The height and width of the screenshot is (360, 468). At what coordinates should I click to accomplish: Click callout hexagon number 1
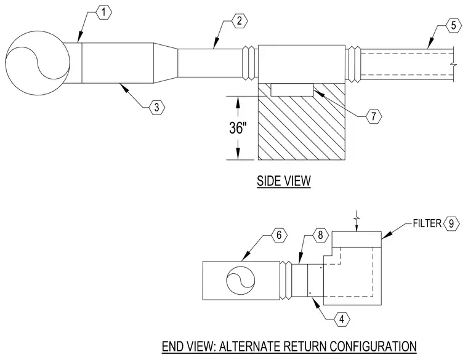click(x=103, y=12)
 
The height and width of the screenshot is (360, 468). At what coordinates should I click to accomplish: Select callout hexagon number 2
click(x=240, y=21)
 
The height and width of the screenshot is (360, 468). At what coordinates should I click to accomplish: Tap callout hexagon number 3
click(x=156, y=107)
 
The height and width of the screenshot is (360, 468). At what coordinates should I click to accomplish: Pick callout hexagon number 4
click(x=342, y=319)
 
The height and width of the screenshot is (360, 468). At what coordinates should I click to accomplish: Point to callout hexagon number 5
click(x=453, y=26)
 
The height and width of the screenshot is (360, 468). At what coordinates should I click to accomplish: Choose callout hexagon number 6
click(x=279, y=235)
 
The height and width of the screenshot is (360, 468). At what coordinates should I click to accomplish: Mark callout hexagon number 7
click(x=374, y=116)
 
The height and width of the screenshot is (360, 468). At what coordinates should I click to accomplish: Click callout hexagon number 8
click(x=321, y=235)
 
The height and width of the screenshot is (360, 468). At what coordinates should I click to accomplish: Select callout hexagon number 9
click(x=451, y=223)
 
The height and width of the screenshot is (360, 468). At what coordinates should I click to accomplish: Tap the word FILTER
click(x=427, y=223)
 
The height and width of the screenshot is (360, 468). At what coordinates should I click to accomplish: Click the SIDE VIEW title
click(x=284, y=181)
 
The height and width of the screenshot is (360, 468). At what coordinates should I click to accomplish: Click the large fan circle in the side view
click(x=38, y=63)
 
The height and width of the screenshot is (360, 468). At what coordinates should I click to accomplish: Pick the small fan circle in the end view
click(x=241, y=281)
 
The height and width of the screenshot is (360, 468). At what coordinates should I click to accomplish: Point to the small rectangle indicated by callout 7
click(x=292, y=89)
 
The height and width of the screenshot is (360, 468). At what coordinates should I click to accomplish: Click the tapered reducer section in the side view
click(x=166, y=63)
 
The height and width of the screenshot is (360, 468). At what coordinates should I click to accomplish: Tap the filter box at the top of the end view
click(x=357, y=239)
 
